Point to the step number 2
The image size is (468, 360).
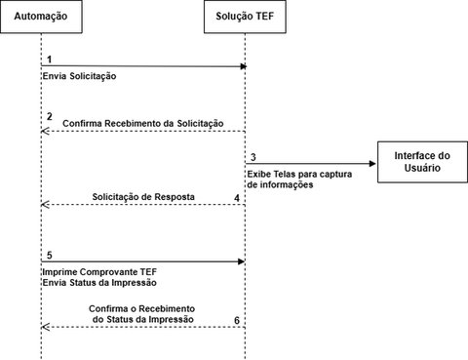pos(49,117)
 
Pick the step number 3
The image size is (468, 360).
pos(253,157)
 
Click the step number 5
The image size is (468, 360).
pos(49,255)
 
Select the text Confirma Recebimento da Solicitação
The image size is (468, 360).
pos(142,123)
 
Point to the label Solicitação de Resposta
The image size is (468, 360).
pos(143,197)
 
